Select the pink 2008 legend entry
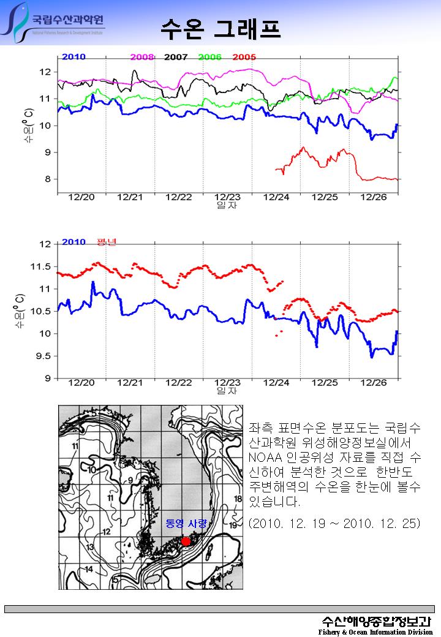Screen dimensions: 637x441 tap(142, 57)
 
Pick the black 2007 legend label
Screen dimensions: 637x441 tap(176, 57)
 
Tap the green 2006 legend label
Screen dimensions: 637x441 tap(210, 57)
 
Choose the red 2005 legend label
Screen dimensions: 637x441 tap(244, 57)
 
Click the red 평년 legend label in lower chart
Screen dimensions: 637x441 tap(107, 242)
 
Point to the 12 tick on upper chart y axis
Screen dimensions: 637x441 tap(45, 72)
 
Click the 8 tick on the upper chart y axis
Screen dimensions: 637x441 tap(47, 179)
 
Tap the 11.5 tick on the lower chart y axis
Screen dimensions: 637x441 tap(42, 266)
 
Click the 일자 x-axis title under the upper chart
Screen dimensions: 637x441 tap(227, 206)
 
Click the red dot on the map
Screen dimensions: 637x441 tap(186, 541)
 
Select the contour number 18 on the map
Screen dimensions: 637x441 tap(239, 499)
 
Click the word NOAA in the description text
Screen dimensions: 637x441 tap(263, 457)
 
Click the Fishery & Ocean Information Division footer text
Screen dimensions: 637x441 tap(375, 631)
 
